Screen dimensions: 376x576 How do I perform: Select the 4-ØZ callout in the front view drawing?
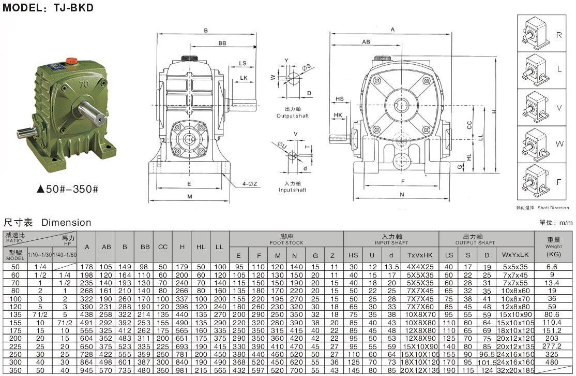(x=251, y=183)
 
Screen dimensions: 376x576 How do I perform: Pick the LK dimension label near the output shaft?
(x=244, y=78)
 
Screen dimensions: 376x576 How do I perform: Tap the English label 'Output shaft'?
(x=293, y=115)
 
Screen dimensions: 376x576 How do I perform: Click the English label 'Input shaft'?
(x=293, y=190)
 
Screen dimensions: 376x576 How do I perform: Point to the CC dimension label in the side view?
(x=469, y=125)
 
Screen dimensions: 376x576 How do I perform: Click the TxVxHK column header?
(x=420, y=254)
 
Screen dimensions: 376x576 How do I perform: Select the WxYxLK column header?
(x=515, y=254)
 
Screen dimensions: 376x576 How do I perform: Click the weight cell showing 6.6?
(x=553, y=267)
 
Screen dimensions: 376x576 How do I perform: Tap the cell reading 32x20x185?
(x=515, y=371)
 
